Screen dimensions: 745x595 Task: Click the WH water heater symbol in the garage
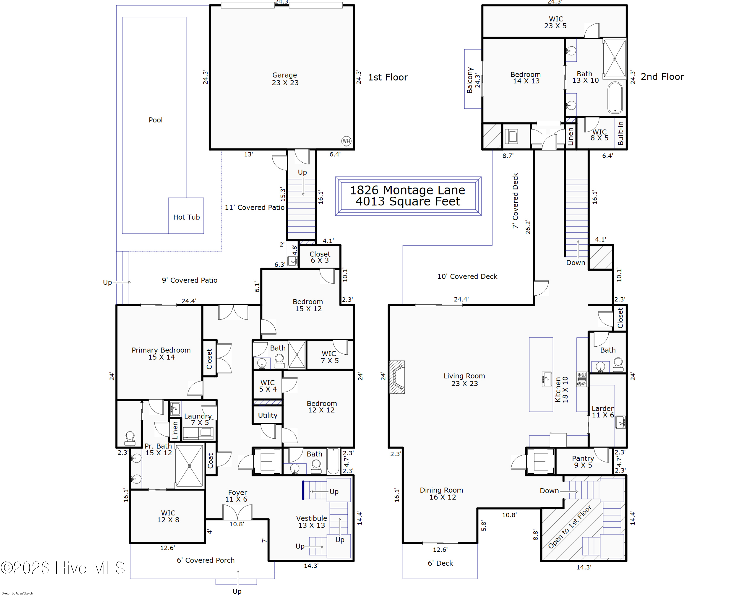[346, 141]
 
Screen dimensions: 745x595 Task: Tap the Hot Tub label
[186, 217]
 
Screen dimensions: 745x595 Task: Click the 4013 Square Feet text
[408, 201]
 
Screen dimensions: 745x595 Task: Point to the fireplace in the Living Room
[397, 377]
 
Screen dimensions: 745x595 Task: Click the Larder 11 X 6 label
[603, 412]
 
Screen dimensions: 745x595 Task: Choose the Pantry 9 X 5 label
[583, 462]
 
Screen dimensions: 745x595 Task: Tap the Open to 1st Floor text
[570, 527]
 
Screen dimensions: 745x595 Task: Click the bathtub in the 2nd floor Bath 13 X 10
[615, 97]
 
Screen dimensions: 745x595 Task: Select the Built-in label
[621, 133]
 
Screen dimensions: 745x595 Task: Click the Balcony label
[470, 80]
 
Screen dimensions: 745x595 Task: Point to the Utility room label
[268, 415]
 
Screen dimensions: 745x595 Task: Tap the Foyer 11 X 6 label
[237, 496]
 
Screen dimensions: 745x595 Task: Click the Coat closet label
[210, 461]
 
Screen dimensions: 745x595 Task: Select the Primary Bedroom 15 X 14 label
[161, 354]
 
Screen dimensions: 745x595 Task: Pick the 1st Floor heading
[388, 77]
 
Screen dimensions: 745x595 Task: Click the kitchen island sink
[547, 379]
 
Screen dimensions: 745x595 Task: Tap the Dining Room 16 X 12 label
[442, 494]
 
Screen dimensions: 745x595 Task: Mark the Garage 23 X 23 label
[285, 79]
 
